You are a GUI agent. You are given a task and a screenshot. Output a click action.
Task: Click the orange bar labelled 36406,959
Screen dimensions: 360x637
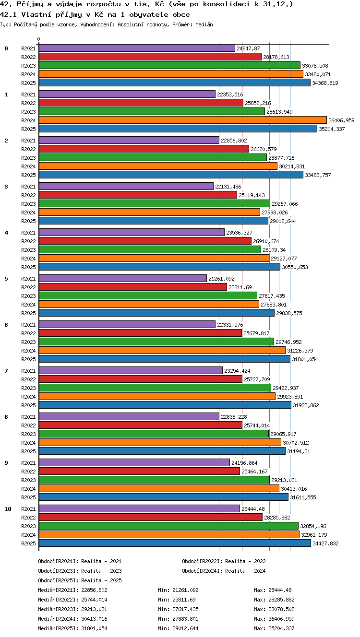(x=183, y=120)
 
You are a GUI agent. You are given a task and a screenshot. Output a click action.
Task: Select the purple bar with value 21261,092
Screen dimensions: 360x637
(x=123, y=278)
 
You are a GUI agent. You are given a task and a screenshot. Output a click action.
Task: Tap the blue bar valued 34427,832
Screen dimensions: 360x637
(x=175, y=543)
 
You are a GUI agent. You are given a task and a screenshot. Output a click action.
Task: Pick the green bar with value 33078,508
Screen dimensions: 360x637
(x=169, y=65)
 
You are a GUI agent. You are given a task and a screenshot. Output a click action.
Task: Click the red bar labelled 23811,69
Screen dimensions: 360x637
(x=133, y=287)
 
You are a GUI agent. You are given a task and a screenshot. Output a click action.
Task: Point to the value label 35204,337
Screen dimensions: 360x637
(x=332, y=129)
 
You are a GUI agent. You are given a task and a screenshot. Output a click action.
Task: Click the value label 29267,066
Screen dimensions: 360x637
(x=285, y=204)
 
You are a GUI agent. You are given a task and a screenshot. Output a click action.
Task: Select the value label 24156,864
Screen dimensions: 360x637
(x=244, y=463)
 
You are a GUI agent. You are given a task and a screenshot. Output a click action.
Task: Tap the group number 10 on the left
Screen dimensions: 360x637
(x=8, y=509)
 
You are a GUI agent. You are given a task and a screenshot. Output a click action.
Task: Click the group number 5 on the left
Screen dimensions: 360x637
(x=6, y=279)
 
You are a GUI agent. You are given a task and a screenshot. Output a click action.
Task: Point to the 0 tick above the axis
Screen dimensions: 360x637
(x=39, y=39)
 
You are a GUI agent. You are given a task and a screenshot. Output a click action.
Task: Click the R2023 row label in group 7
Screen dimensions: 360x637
(x=28, y=388)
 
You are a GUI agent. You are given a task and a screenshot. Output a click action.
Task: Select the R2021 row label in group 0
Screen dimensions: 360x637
(x=28, y=48)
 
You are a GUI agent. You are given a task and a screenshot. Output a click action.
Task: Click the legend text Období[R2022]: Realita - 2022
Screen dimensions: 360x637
(x=224, y=561)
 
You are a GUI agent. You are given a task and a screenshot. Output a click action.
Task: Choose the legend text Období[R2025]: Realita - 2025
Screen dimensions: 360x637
(x=80, y=580)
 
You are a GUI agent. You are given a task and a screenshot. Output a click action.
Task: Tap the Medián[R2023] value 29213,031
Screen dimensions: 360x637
(x=94, y=609)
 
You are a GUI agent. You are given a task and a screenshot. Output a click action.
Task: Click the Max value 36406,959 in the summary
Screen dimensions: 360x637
(x=281, y=619)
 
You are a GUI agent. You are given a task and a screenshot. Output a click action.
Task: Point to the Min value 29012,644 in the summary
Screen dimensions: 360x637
(x=185, y=628)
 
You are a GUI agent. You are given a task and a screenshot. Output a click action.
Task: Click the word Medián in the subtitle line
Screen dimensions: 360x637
(x=204, y=24)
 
